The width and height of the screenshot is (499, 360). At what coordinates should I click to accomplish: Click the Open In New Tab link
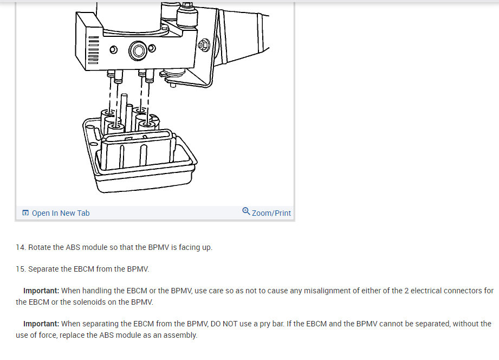[60, 213]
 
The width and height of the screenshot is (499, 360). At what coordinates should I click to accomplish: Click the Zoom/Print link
[271, 213]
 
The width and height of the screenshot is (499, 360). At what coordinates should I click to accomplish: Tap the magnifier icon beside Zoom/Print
[247, 211]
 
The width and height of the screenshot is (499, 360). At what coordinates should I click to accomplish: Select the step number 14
[21, 247]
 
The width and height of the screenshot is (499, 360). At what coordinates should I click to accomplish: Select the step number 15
[21, 269]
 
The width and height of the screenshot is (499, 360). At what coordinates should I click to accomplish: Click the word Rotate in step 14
[40, 247]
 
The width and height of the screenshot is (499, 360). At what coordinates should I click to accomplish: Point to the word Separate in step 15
[44, 269]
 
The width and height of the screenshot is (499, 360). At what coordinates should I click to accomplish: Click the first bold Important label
[41, 291]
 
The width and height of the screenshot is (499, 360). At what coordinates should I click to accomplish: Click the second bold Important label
[41, 324]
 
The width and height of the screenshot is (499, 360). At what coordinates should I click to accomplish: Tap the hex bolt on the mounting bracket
[204, 45]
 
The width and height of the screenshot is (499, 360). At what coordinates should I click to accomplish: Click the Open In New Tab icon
[25, 213]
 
